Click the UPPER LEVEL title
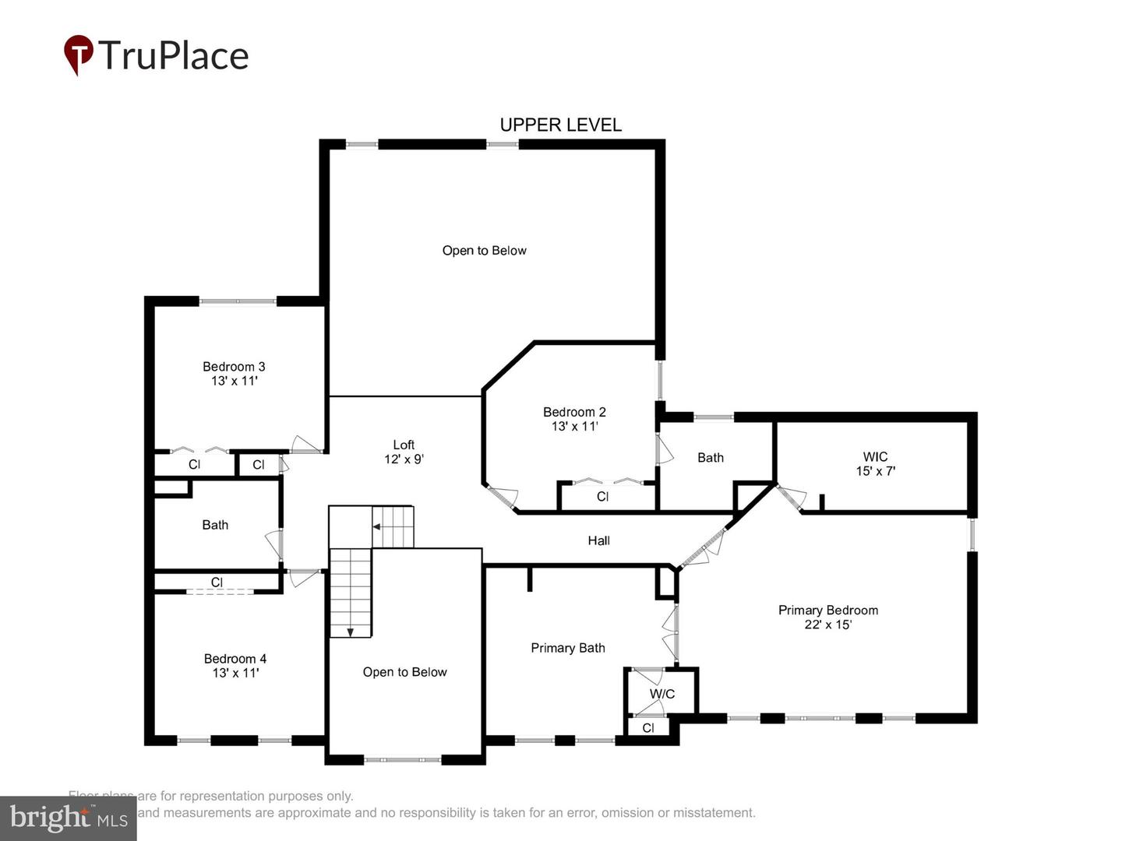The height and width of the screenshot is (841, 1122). (560, 125)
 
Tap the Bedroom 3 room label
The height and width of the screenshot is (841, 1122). (234, 374)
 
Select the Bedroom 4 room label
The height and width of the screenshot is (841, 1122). (235, 666)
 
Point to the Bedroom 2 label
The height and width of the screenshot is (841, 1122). (574, 419)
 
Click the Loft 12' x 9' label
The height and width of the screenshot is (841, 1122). (404, 452)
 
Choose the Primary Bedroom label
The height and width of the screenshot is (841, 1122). (828, 618)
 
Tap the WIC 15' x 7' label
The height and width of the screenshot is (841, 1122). (875, 464)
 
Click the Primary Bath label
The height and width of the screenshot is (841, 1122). (568, 648)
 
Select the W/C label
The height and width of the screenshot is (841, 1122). (662, 694)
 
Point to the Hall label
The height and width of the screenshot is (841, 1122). (598, 540)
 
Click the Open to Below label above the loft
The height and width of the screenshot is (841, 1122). (484, 251)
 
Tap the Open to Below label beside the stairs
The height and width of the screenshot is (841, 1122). (404, 672)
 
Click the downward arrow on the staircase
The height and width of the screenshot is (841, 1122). (351, 632)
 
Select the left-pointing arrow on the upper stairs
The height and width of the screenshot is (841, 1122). (376, 527)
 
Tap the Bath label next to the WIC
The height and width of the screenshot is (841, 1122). (710, 458)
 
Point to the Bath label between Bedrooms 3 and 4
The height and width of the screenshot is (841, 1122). (215, 525)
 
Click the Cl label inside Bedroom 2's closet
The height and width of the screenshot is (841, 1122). (602, 497)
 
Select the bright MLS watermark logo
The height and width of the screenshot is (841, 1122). (69, 818)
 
